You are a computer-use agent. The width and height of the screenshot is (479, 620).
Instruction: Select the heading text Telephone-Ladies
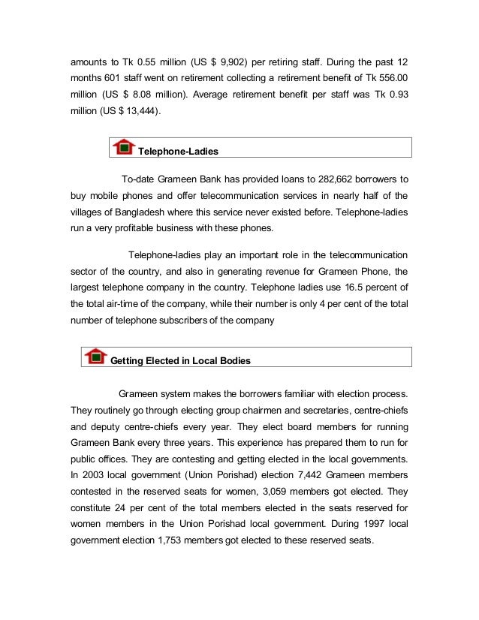(x=178, y=152)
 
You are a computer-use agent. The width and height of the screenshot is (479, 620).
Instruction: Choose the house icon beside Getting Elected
(x=95, y=356)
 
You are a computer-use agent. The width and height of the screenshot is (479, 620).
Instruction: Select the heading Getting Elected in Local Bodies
(x=180, y=361)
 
